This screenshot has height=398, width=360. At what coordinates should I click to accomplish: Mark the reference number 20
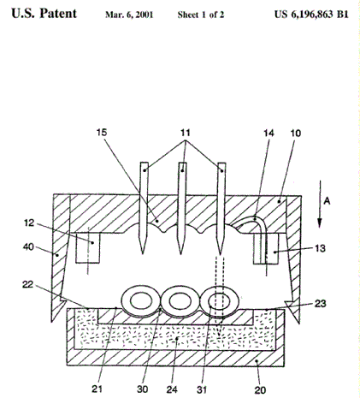coord(261,390)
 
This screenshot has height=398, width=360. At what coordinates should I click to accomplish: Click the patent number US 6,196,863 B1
coord(310,15)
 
